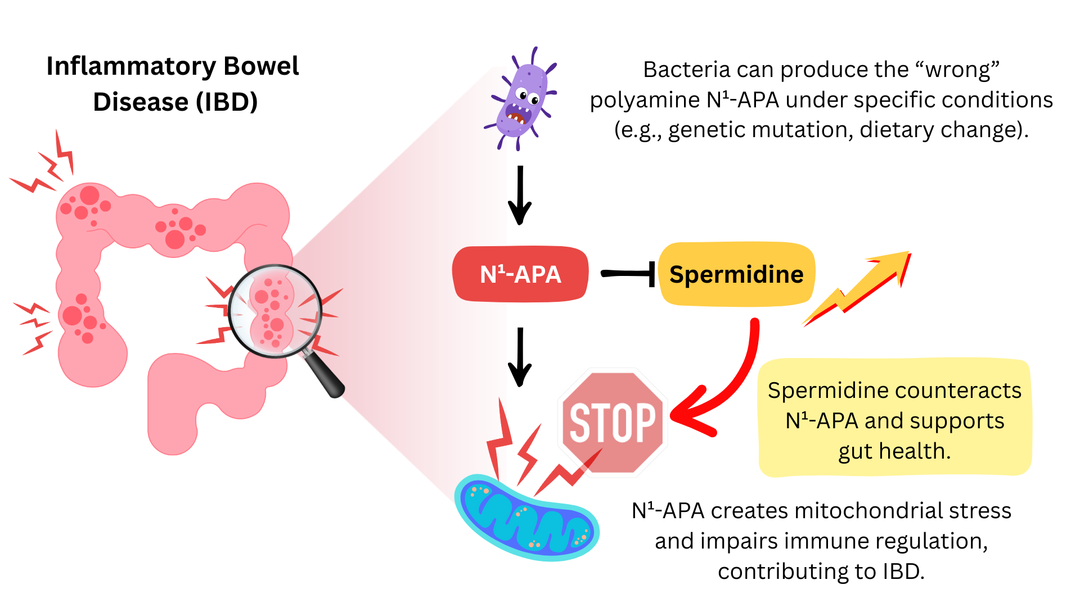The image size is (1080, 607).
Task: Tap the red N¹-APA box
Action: point(520,274)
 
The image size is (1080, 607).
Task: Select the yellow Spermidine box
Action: point(736,274)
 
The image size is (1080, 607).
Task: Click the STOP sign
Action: point(613,422)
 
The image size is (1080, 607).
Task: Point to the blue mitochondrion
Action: point(526,518)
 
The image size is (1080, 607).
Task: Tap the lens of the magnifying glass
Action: point(274,311)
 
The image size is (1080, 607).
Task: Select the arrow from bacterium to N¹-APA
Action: point(520,195)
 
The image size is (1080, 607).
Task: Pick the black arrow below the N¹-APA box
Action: point(520,357)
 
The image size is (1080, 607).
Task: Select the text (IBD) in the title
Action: point(227,102)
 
